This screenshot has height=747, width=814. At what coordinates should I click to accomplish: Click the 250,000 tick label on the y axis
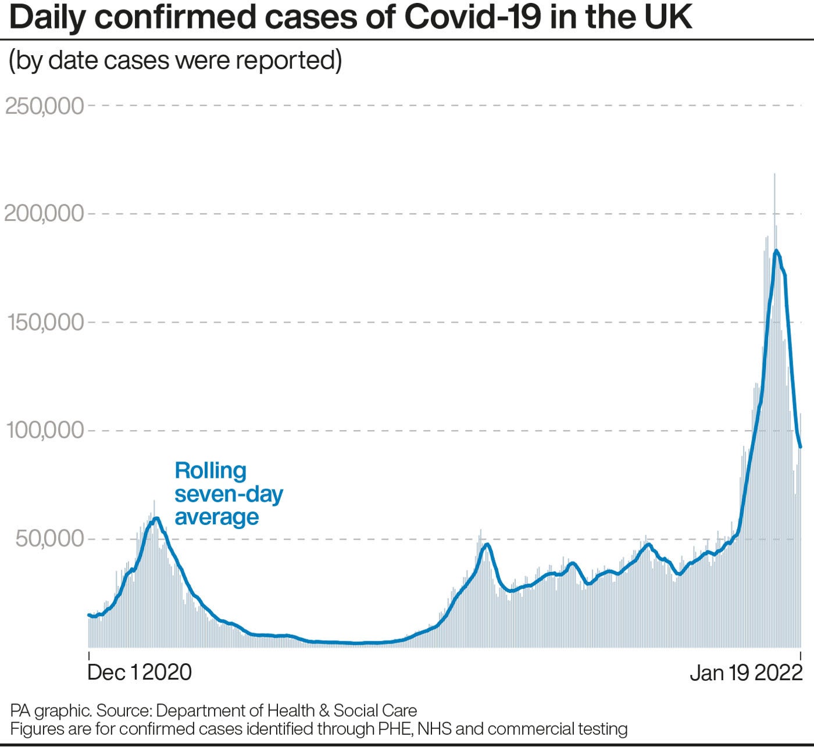click(x=45, y=106)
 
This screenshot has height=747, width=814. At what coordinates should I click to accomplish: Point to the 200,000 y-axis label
click(x=45, y=214)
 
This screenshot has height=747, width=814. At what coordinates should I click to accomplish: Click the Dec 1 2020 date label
click(x=140, y=672)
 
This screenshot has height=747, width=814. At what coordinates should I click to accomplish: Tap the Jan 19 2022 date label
click(x=746, y=673)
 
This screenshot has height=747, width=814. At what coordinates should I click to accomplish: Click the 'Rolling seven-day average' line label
click(x=229, y=494)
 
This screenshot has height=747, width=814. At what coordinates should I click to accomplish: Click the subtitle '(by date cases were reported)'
click(x=175, y=60)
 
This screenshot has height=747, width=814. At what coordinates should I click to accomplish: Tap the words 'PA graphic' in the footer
click(x=50, y=710)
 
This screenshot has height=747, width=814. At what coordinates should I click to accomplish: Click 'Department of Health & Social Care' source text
click(x=287, y=710)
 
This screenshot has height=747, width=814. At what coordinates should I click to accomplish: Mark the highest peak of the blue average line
click(x=776, y=251)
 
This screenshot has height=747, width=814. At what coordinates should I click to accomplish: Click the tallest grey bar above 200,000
click(x=774, y=174)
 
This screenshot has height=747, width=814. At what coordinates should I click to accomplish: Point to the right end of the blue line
click(x=801, y=446)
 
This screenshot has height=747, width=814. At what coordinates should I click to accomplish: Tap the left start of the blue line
click(x=89, y=614)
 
